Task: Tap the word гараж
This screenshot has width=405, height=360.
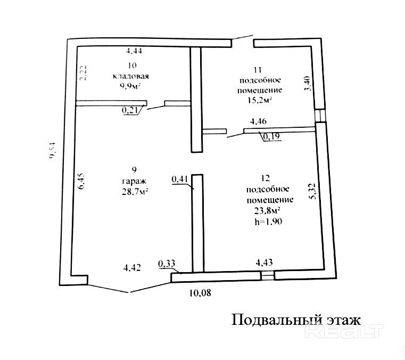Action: coord(134,181)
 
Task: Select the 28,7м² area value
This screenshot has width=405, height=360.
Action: coord(134,192)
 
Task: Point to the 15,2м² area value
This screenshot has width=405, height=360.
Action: coord(258,99)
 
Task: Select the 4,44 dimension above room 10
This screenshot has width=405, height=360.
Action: coord(134,51)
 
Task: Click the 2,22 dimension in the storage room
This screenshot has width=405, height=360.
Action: coord(82,72)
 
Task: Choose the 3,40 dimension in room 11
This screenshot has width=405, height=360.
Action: coord(307,84)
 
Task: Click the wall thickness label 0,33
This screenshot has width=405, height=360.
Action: coord(167,262)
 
